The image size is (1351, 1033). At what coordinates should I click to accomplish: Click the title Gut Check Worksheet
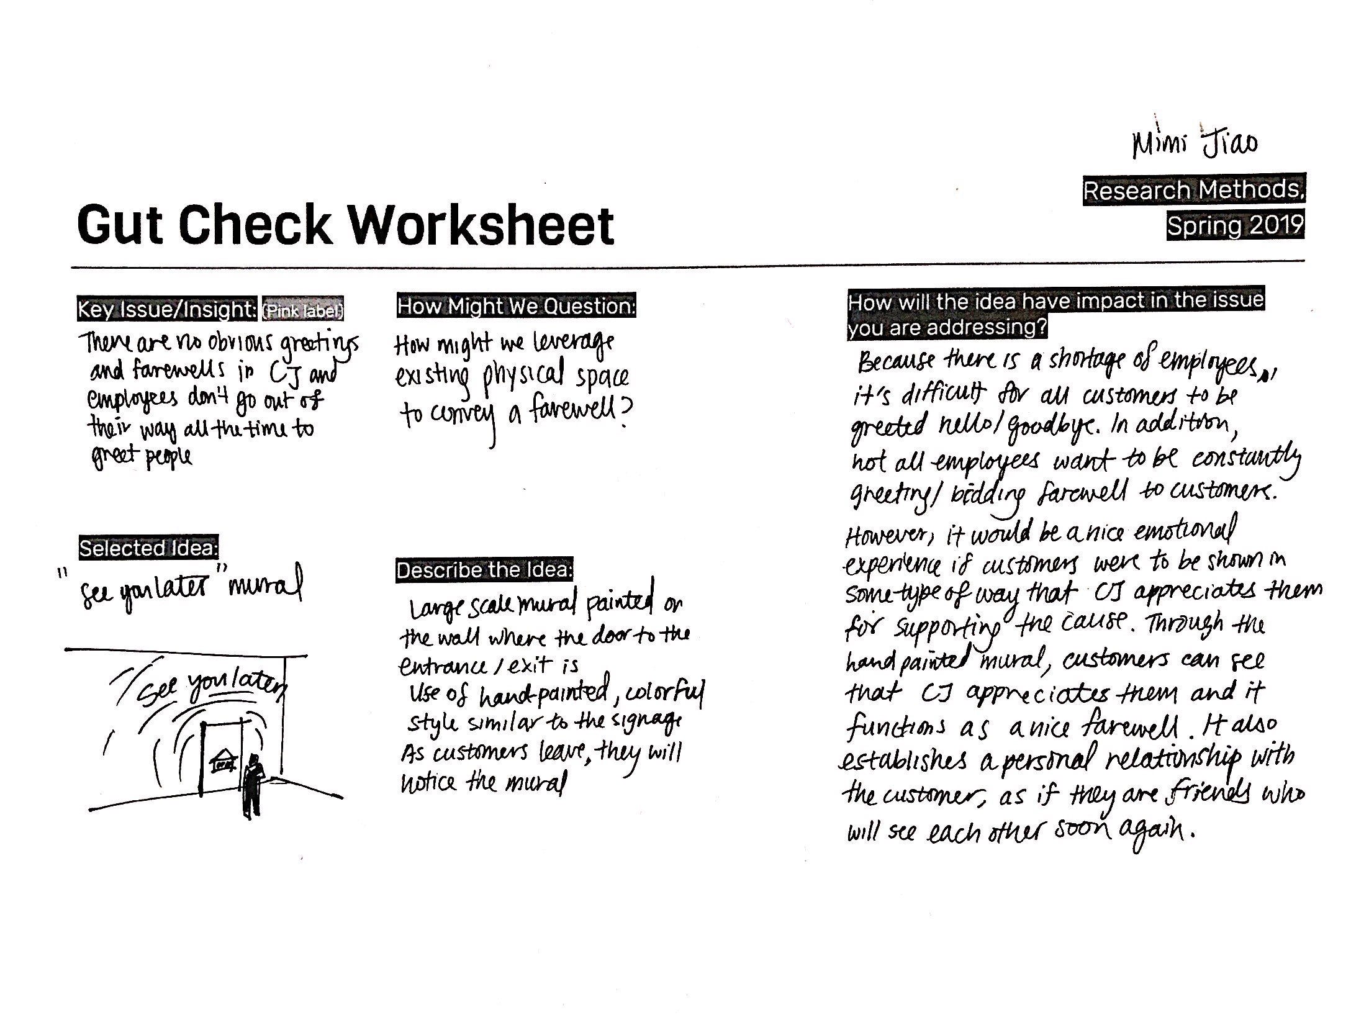[x=345, y=224]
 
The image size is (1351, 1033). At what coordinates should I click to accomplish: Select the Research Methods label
[x=1193, y=189]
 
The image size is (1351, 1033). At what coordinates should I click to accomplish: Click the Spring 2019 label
[x=1235, y=225]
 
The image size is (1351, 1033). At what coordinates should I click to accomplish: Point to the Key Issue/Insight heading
[x=166, y=309]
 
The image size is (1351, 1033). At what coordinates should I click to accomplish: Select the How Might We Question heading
[x=517, y=306]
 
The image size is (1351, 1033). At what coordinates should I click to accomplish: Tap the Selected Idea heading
[x=148, y=548]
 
